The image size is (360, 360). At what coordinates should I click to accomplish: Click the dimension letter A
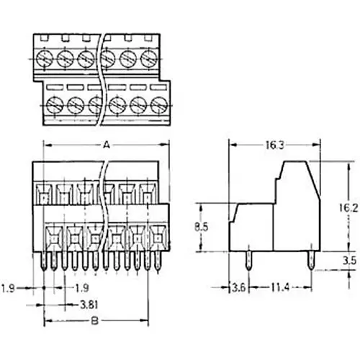point(107,145)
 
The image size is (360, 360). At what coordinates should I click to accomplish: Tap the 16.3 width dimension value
point(272,145)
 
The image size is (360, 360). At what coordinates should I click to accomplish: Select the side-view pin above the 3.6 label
point(248,262)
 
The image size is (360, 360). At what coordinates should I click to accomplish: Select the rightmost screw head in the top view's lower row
point(150,105)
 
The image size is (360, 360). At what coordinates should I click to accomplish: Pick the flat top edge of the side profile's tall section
point(296,161)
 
